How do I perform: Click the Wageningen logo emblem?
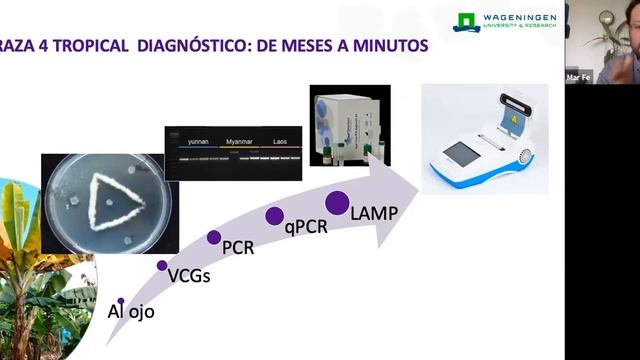point(467,22)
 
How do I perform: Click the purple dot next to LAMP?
point(337,203)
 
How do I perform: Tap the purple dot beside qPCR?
point(273,215)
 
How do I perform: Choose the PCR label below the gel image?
point(238,247)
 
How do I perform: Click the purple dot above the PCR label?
point(214,237)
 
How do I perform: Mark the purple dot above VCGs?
point(163,265)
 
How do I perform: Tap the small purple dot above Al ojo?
point(121,300)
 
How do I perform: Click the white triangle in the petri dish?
point(110,201)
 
